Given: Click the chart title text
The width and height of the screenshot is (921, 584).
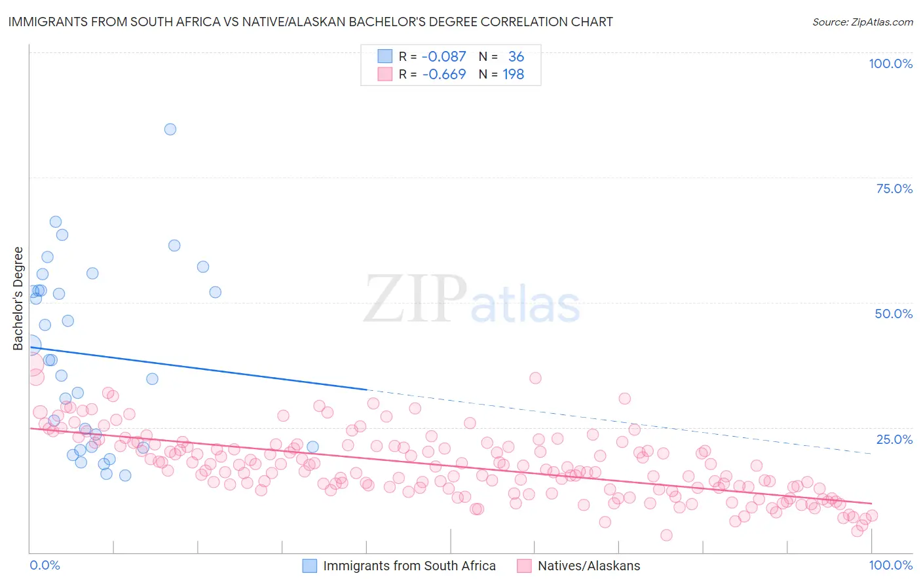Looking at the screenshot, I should pyautogui.click(x=310, y=22).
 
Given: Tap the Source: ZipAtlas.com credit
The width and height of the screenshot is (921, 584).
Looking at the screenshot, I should pyautogui.click(x=862, y=22).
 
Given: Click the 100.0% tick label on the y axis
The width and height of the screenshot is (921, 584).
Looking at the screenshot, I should pyautogui.click(x=890, y=64).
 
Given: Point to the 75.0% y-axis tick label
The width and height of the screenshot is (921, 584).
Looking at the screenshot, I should pyautogui.click(x=894, y=189).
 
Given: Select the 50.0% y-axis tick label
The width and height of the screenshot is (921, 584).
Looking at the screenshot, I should pyautogui.click(x=893, y=314).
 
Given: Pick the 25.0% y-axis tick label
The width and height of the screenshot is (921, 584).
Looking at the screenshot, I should pyautogui.click(x=894, y=439).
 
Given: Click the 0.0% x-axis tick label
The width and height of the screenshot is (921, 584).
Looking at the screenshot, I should pyautogui.click(x=45, y=565).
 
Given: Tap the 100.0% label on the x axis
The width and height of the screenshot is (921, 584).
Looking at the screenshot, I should pyautogui.click(x=890, y=565).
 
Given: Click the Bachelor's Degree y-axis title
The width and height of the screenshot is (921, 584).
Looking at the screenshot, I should pyautogui.click(x=18, y=298).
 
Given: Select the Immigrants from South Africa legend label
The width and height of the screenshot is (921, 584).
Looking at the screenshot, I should pyautogui.click(x=409, y=566).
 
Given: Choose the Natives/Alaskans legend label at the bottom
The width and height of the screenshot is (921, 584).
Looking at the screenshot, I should pyautogui.click(x=588, y=566).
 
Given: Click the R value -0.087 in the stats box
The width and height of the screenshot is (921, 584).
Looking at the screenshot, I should pyautogui.click(x=443, y=57).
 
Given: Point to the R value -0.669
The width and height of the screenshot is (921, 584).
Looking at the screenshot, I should pyautogui.click(x=443, y=75).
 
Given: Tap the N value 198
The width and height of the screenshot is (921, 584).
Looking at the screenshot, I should pyautogui.click(x=513, y=75).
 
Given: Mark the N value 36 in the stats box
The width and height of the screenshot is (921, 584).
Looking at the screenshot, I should pyautogui.click(x=516, y=57).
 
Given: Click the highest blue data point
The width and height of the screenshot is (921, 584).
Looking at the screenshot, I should pyautogui.click(x=170, y=129).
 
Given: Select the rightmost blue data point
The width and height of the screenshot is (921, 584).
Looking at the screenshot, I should pyautogui.click(x=312, y=447).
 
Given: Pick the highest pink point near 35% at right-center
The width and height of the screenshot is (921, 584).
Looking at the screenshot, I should pyautogui.click(x=535, y=378).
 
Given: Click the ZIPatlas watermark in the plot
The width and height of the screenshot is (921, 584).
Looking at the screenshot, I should pyautogui.click(x=472, y=300).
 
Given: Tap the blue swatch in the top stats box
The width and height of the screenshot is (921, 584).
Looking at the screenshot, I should pyautogui.click(x=385, y=56).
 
